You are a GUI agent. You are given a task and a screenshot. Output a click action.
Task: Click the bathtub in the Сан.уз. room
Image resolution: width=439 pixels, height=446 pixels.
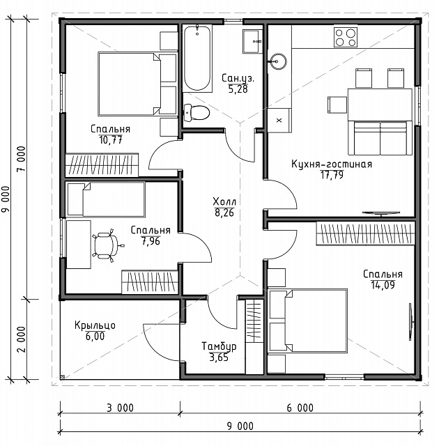point(197,58)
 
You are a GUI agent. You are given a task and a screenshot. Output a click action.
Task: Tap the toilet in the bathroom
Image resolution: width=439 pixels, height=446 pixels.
point(197,112)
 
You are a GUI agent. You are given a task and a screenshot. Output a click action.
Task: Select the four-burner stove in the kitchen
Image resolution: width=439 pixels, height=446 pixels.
point(346,37)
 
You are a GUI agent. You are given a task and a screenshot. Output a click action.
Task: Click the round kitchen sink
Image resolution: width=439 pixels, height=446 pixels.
point(277,61)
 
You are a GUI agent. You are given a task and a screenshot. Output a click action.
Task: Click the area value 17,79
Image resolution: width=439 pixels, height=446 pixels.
point(332,175)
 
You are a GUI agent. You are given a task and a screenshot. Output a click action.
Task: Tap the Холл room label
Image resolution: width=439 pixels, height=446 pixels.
point(224,201)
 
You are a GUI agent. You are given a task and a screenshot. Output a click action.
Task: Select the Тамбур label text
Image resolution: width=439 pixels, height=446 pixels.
point(219,346)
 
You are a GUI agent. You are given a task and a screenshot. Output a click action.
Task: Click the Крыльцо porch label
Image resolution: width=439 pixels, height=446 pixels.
point(95,325)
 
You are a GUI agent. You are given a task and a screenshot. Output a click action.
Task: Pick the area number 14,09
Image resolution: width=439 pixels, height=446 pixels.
point(383,285)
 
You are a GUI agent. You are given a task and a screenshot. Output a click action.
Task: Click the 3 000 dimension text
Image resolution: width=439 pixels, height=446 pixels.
point(120,408)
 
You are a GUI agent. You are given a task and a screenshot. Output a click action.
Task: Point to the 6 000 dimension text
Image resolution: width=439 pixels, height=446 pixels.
point(300,408)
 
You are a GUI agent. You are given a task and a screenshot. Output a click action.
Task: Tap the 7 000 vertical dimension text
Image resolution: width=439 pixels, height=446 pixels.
point(22,158)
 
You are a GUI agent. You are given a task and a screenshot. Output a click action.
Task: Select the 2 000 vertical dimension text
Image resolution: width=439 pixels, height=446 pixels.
point(22,339)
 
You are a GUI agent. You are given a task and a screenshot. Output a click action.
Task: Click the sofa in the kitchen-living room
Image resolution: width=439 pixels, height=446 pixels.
point(380,138)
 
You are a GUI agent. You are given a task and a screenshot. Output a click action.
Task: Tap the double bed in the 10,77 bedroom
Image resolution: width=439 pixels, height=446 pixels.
point(137,84)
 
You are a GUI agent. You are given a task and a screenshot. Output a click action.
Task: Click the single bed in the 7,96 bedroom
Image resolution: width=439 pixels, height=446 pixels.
point(105,199)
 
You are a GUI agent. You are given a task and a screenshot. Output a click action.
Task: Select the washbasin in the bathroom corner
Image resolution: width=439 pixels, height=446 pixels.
point(252,41)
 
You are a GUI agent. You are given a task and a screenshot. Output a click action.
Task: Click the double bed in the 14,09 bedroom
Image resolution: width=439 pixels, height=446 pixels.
point(307,321)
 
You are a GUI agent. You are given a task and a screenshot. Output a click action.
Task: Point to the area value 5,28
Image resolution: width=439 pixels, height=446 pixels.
point(238,89)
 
